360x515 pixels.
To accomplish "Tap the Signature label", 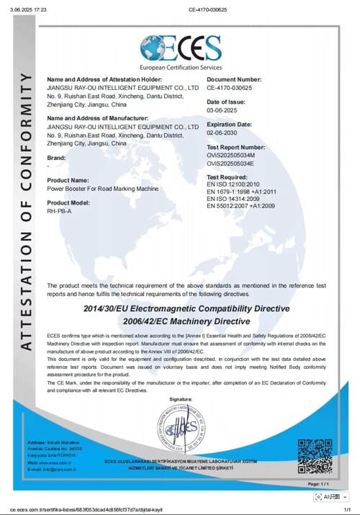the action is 181,398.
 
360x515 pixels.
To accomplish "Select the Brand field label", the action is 57,157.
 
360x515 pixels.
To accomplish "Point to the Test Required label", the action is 228,176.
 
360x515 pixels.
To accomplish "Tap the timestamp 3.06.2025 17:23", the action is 27,10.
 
